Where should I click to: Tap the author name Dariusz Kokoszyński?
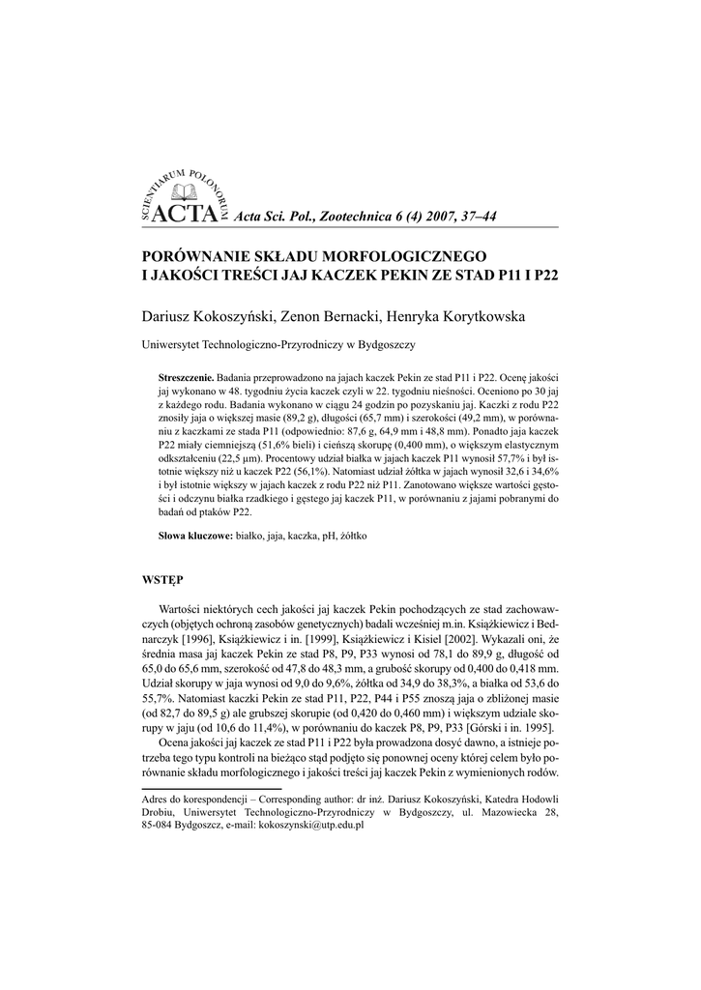(x=210, y=317)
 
